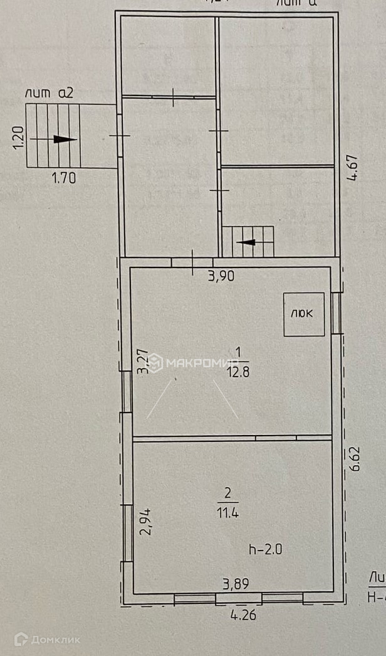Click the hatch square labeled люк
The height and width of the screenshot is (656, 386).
coord(304,314)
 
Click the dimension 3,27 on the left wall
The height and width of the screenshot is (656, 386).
coord(144,362)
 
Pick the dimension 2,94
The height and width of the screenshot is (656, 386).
coord(146,521)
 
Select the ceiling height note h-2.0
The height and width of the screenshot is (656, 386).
coord(266,549)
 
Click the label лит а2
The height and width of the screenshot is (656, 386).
coord(50,93)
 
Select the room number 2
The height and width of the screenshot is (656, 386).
coord(227,493)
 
